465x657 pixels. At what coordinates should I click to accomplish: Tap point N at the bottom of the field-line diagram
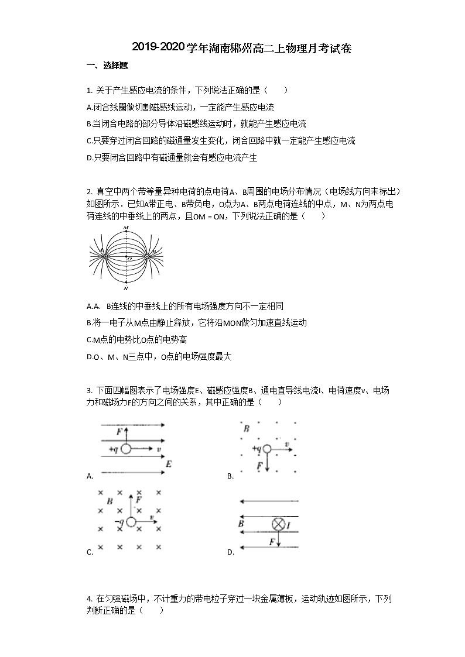pos(126,288)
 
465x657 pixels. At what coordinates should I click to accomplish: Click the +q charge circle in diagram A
pos(125,449)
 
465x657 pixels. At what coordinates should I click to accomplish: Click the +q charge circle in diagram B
pos(266,449)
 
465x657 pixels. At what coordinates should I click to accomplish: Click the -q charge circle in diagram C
pos(131,521)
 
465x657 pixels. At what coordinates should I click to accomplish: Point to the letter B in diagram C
pos(110,502)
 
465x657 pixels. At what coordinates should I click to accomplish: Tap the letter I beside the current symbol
pos(289,525)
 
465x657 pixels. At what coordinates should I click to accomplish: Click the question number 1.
pos(88,91)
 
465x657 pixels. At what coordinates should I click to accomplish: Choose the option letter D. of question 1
pos(90,158)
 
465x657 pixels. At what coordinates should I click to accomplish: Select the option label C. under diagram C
pos(90,552)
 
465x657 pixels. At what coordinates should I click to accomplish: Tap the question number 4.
pos(88,599)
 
